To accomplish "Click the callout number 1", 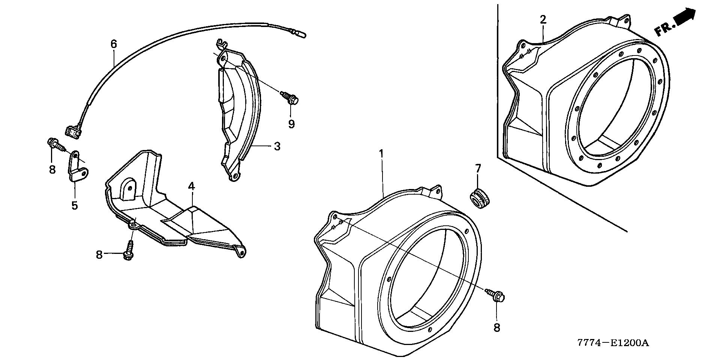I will click(x=381, y=153).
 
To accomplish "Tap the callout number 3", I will click(x=277, y=146).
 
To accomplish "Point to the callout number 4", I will click(x=191, y=186).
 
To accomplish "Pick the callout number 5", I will click(x=75, y=205).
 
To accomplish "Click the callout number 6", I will click(x=114, y=44).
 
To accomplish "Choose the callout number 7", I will click(x=478, y=169).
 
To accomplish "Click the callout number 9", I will click(x=291, y=124).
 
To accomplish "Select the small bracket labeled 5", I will click(x=77, y=167).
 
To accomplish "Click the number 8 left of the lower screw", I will click(x=99, y=255).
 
